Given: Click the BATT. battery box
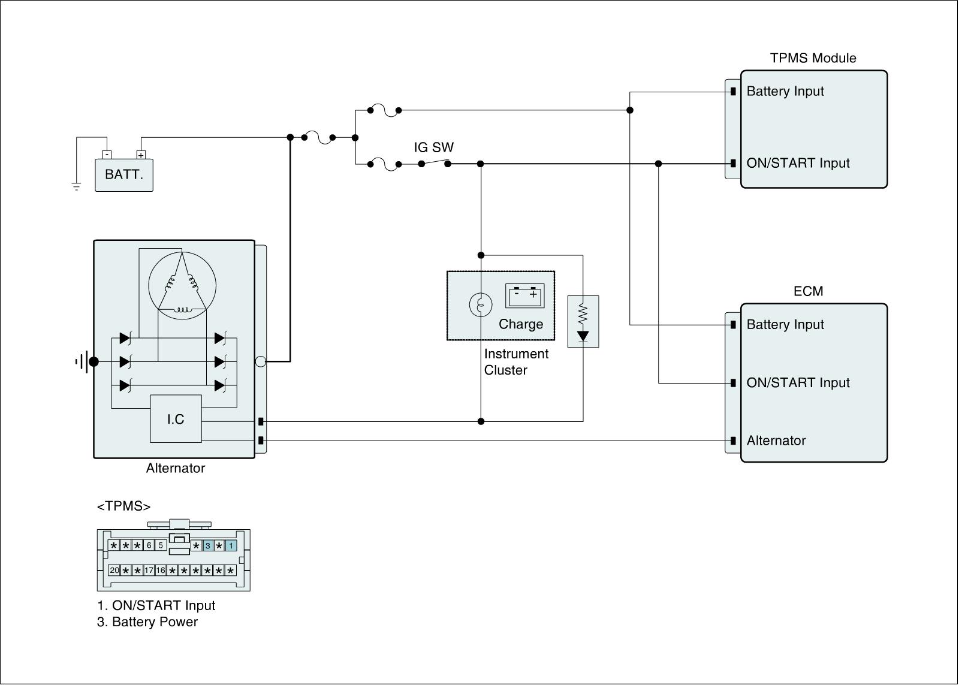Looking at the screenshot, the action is (x=123, y=176).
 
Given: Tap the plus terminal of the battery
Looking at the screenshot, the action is (x=141, y=155).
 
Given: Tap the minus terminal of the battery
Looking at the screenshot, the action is (x=107, y=155).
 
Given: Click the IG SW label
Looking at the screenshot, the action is (x=433, y=147).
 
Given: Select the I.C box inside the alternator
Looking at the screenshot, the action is (x=176, y=419).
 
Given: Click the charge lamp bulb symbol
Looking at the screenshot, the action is (x=481, y=305).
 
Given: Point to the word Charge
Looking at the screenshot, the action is (x=521, y=324).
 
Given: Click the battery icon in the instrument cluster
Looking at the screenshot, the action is (x=525, y=295).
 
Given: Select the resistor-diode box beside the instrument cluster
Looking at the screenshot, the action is (x=583, y=321).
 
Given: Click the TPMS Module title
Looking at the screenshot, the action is (x=813, y=58).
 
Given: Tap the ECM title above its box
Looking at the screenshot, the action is (x=809, y=291).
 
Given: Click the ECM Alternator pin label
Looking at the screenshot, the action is (x=776, y=440).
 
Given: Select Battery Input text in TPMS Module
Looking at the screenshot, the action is (x=785, y=91).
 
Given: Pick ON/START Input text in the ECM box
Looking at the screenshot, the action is (x=798, y=382).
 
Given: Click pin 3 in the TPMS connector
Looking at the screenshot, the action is (x=207, y=545).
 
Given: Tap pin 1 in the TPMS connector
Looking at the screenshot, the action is (x=231, y=545).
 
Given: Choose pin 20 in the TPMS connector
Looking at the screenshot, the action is (x=114, y=571).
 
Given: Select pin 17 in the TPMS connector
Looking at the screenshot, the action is (x=149, y=571).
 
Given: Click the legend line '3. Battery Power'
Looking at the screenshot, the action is (x=147, y=621).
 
